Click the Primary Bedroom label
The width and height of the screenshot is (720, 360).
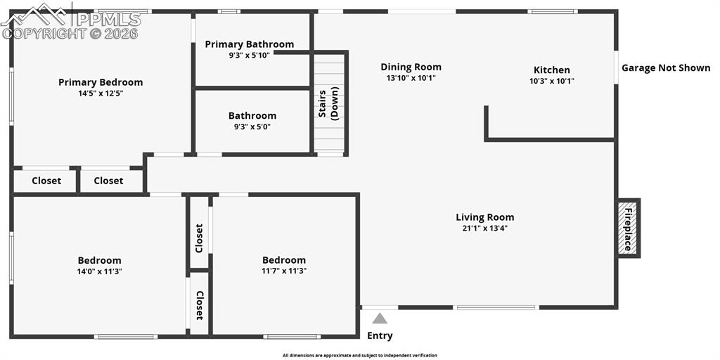(101, 83)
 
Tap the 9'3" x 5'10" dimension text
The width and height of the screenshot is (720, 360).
(250, 55)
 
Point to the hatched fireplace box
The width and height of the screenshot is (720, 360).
(627, 229)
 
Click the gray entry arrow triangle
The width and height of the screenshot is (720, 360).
(379, 319)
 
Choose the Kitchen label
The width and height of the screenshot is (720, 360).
(551, 70)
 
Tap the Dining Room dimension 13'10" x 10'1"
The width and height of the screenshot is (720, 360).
(411, 78)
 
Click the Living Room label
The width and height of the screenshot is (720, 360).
(485, 217)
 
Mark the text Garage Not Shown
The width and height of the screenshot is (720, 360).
(666, 68)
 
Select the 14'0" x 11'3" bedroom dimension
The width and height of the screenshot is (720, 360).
(99, 271)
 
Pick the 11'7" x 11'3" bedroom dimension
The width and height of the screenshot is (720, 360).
(284, 271)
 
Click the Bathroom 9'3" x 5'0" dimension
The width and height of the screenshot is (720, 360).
(252, 127)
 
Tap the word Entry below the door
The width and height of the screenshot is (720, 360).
(380, 335)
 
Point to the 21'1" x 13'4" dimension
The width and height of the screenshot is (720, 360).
(485, 229)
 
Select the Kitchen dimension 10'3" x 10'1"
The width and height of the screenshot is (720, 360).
(551, 81)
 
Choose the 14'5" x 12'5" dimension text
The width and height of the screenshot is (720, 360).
(101, 94)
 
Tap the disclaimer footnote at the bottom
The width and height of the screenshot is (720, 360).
(359, 355)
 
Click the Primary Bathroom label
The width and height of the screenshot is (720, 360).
(250, 44)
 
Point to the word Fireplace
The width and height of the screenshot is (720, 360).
(628, 229)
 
